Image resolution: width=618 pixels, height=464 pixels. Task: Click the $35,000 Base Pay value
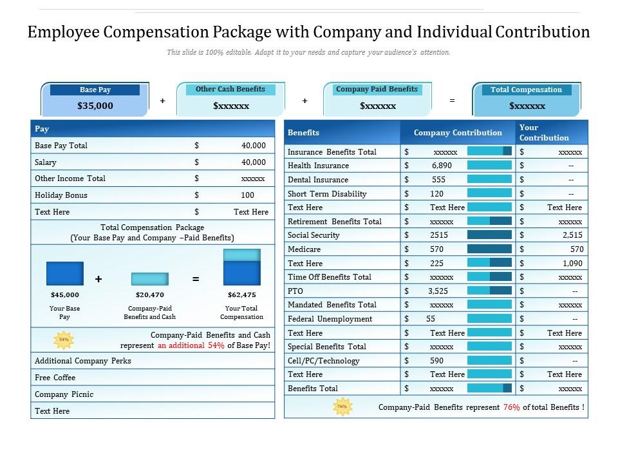coord(95,106)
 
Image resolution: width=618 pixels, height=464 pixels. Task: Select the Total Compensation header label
coord(526,90)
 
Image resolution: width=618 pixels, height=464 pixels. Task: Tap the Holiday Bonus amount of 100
coord(247,195)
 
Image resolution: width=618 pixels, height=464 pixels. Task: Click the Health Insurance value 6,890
coord(442,166)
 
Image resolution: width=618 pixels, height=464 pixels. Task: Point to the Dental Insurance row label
coord(317,180)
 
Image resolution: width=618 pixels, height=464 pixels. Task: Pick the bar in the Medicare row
coord(489,249)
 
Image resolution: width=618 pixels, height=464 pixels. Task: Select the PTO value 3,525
coord(438,291)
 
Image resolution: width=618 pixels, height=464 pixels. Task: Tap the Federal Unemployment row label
coord(330,319)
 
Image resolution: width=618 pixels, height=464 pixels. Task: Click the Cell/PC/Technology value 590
coord(436,361)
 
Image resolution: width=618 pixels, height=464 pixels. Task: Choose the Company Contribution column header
coord(458,133)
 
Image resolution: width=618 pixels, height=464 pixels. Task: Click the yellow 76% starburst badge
coord(342,407)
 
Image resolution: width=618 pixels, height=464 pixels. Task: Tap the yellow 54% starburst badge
coord(64,339)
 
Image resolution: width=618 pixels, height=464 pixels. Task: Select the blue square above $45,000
coord(65,274)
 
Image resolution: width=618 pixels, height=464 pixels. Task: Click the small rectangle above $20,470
coord(150,279)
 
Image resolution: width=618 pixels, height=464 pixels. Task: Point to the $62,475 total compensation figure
coord(241,295)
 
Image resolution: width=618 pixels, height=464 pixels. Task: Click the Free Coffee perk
coord(55,378)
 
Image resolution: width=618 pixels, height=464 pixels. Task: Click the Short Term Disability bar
coord(489,193)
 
